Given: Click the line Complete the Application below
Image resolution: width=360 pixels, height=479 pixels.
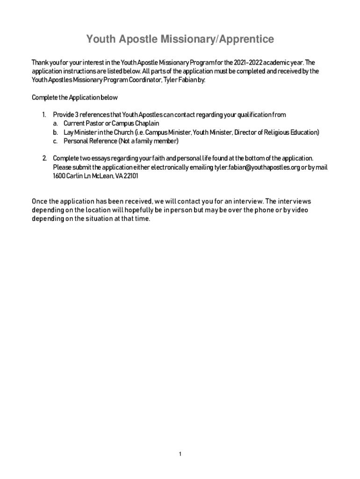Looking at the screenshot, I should click(x=75, y=98).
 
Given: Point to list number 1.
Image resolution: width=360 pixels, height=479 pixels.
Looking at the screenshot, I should click(x=43, y=115).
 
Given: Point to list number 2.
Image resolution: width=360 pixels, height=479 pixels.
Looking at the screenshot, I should click(x=43, y=158).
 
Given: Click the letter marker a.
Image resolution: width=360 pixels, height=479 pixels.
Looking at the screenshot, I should click(x=55, y=123).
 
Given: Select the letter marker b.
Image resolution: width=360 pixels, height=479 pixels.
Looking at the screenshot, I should click(x=55, y=132).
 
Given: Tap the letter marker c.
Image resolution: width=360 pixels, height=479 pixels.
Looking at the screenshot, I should click(x=55, y=141).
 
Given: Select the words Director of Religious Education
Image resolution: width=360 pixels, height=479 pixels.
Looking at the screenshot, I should click(x=276, y=132).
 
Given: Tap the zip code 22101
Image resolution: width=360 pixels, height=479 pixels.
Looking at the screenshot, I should click(x=130, y=176).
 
